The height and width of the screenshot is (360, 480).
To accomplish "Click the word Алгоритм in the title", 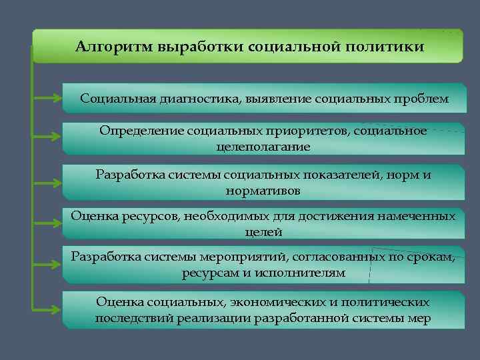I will click(x=113, y=47).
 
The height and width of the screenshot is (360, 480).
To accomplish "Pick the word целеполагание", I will click(x=263, y=147).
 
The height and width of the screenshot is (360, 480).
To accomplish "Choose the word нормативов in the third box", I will click(x=263, y=191).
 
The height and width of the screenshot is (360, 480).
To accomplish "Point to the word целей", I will click(x=263, y=233).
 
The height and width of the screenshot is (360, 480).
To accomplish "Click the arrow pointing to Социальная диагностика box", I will click(x=47, y=99).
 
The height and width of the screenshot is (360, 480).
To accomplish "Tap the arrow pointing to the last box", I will click(x=47, y=309).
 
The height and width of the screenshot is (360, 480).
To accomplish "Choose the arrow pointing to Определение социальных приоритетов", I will click(x=47, y=138).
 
